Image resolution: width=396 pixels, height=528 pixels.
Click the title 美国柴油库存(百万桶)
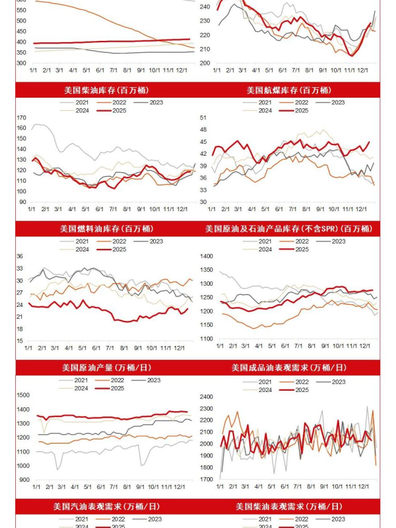point(107,90)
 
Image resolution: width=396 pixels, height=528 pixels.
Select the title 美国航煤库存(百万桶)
point(288,90)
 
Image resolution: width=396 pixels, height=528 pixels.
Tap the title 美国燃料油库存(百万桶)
point(107,228)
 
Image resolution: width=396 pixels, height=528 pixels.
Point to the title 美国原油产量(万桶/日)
point(107,367)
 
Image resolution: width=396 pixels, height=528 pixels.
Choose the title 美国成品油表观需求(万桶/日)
point(288,367)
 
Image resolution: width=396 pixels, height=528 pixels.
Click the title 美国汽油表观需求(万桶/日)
point(107,506)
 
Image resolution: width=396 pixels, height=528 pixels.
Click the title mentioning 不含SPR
point(288,228)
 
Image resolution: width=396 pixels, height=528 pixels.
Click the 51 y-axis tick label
point(203,117)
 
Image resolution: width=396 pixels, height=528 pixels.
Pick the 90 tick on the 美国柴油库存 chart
point(22,202)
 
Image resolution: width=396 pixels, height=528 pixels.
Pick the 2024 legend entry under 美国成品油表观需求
point(265,390)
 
